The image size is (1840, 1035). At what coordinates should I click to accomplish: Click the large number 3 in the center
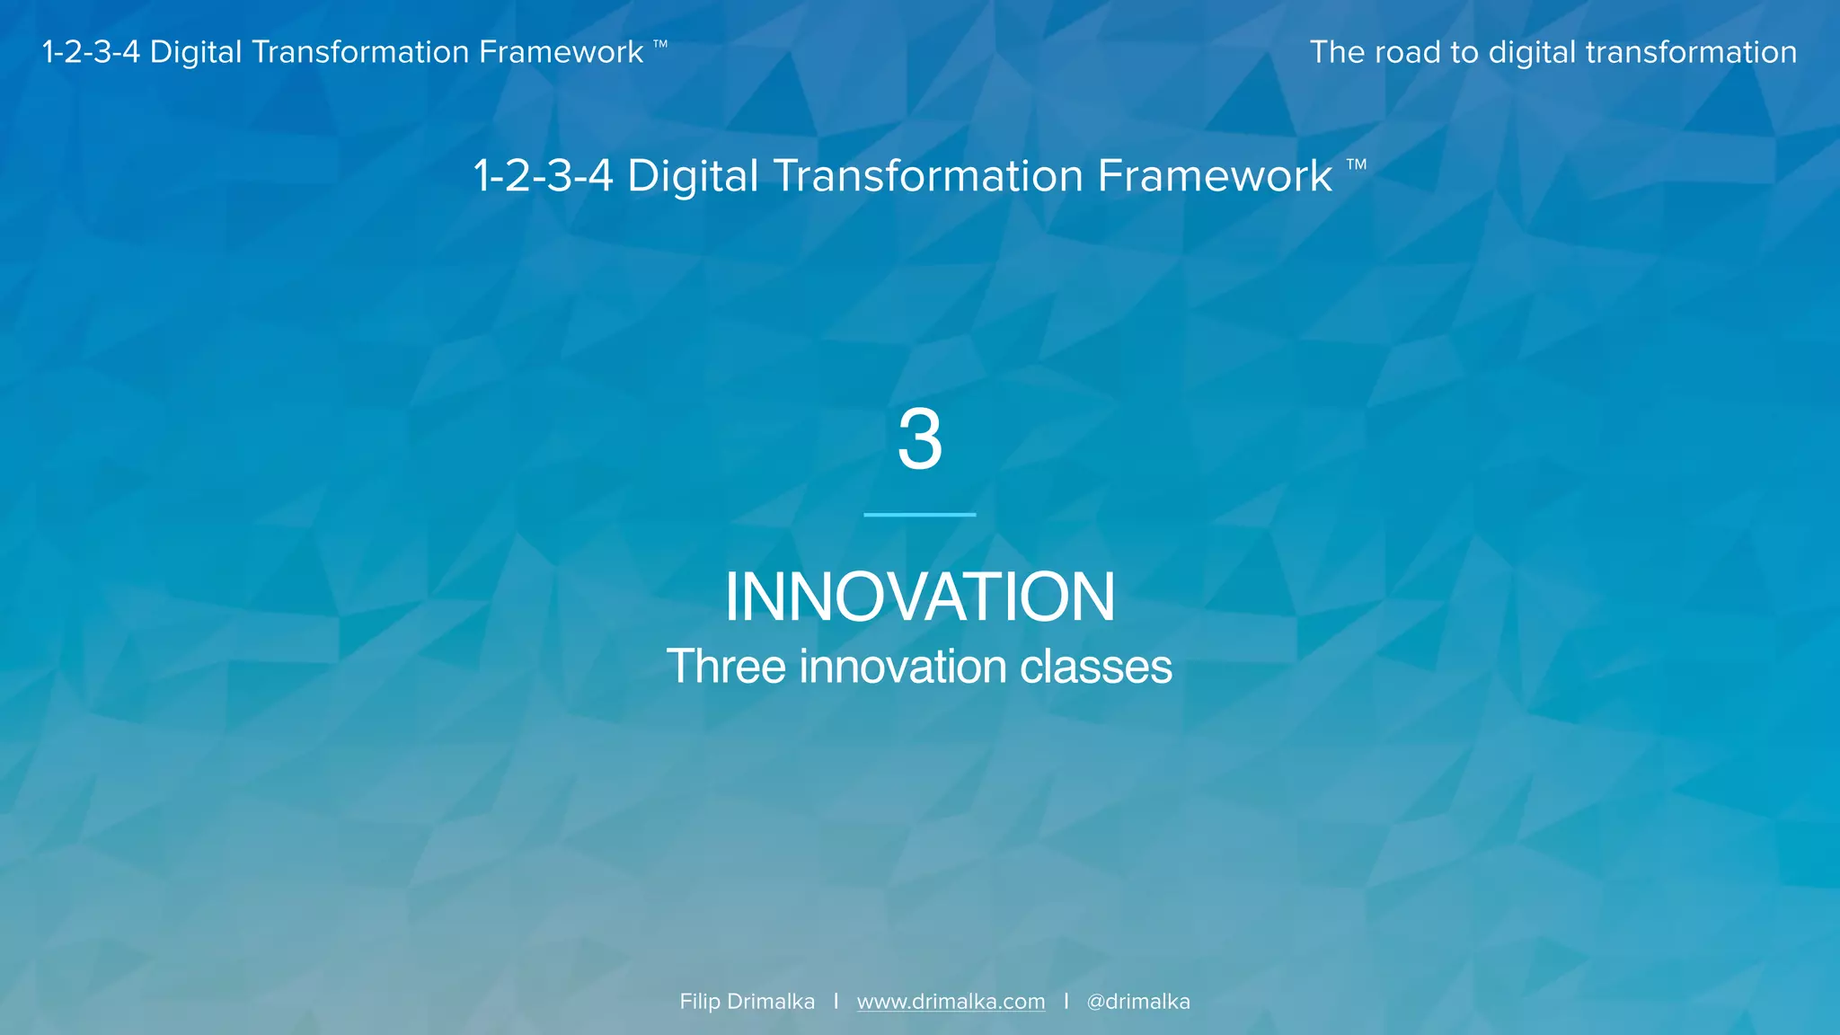(920, 439)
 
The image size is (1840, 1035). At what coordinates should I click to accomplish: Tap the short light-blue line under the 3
(920, 515)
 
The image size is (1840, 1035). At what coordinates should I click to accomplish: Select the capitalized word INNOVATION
(920, 597)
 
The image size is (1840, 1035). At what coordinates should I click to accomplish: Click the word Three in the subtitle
(726, 667)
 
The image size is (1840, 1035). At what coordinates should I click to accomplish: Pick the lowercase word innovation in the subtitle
(903, 667)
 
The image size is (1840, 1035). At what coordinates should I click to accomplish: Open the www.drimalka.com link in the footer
(951, 1002)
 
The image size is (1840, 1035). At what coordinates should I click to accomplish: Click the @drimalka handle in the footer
(1138, 1002)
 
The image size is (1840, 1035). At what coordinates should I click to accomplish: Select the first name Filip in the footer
(700, 1002)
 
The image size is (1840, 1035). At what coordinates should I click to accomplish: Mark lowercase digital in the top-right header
(1532, 53)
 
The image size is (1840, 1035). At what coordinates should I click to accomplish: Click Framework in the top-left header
(561, 52)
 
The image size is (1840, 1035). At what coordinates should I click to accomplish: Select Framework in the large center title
(1215, 175)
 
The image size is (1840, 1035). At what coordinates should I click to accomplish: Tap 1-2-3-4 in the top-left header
(91, 52)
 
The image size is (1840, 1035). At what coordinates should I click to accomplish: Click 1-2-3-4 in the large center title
(544, 175)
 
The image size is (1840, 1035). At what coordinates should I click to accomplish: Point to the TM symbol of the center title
(1357, 164)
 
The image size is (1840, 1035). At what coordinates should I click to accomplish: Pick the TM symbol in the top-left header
(660, 44)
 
